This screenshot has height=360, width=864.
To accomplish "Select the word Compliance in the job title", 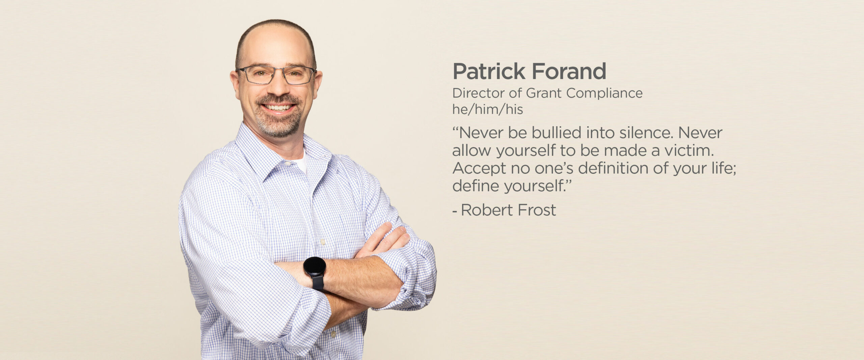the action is (x=604, y=93).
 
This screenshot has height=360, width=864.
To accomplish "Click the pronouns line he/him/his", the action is (x=488, y=109).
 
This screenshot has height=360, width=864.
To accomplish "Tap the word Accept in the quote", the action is (x=479, y=168).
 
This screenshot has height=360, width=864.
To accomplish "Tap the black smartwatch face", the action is (x=315, y=267).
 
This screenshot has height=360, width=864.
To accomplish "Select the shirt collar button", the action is (x=288, y=164).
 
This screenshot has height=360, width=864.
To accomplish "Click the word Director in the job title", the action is (x=479, y=93).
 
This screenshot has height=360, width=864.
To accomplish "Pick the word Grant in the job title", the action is (x=544, y=93).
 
